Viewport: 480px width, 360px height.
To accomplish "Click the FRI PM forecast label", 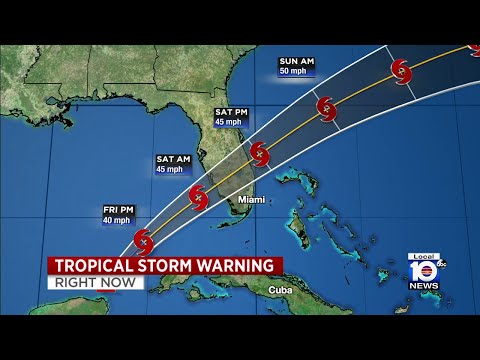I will (117, 210).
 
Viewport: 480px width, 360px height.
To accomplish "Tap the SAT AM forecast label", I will (173, 159).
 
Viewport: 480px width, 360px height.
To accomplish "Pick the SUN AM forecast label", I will (297, 62).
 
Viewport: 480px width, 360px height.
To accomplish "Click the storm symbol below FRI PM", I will (143, 242).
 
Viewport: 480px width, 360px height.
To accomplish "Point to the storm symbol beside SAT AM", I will (198, 197).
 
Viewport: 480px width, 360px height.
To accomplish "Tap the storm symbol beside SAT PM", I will (260, 154).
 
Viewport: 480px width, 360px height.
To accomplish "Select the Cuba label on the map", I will (280, 290).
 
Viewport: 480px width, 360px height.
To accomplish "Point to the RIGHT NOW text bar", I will (95, 283).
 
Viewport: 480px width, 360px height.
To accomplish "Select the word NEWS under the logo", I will (423, 286).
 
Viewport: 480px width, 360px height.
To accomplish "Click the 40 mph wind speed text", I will (117, 220).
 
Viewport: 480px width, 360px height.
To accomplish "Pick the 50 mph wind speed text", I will (297, 72).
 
